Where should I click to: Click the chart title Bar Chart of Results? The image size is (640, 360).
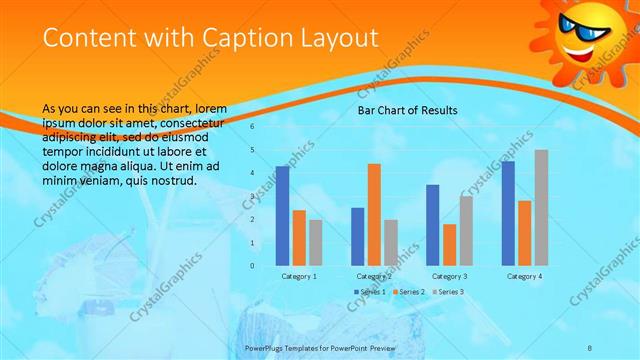click(x=407, y=110)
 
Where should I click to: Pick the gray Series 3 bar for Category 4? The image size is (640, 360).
click(x=541, y=207)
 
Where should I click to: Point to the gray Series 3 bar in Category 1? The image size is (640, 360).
click(x=316, y=242)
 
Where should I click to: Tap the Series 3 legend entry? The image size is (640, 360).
click(x=448, y=291)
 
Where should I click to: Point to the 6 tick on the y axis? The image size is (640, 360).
click(x=252, y=127)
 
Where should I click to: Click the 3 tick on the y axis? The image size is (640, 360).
click(x=252, y=196)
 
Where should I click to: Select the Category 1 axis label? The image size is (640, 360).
click(x=299, y=275)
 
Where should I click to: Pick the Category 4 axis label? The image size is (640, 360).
click(x=524, y=275)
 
